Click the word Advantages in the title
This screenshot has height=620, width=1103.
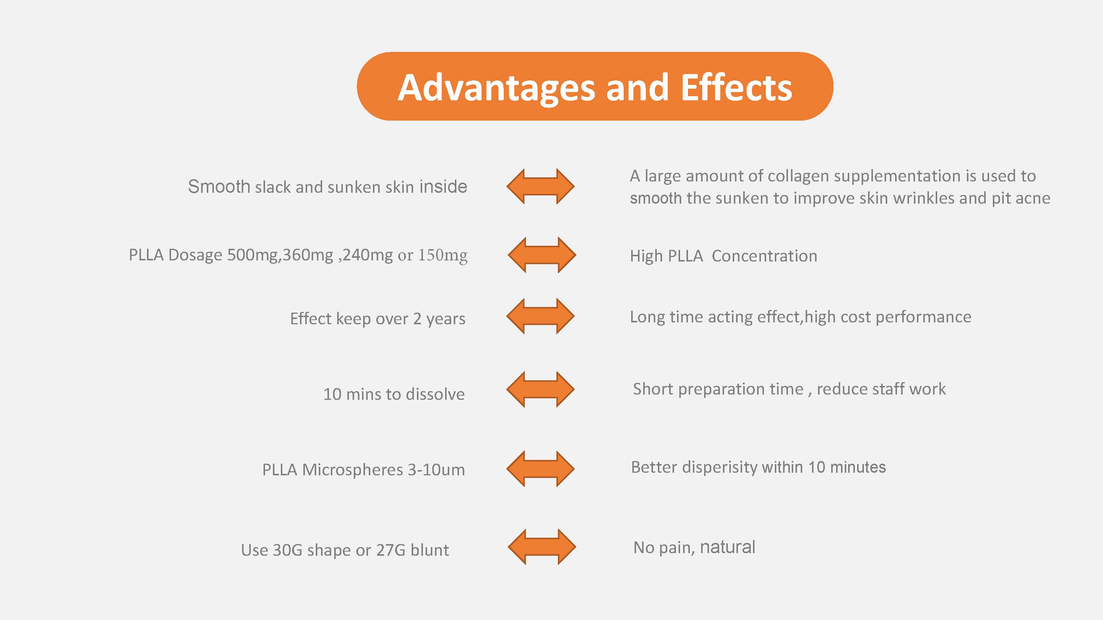[x=497, y=89]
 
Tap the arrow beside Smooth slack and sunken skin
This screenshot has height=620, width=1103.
[x=540, y=186]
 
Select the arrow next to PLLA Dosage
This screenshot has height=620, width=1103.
[x=542, y=255]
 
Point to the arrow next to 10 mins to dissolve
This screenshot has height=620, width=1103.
[x=540, y=389]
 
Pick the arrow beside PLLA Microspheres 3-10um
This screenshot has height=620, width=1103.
[x=540, y=469]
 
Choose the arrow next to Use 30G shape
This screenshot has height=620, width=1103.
[x=542, y=547]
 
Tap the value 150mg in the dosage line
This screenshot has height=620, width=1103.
[x=443, y=256]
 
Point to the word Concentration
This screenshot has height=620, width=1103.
[x=764, y=256]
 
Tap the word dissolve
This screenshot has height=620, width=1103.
[x=435, y=394]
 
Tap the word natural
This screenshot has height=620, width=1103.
[x=727, y=547]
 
